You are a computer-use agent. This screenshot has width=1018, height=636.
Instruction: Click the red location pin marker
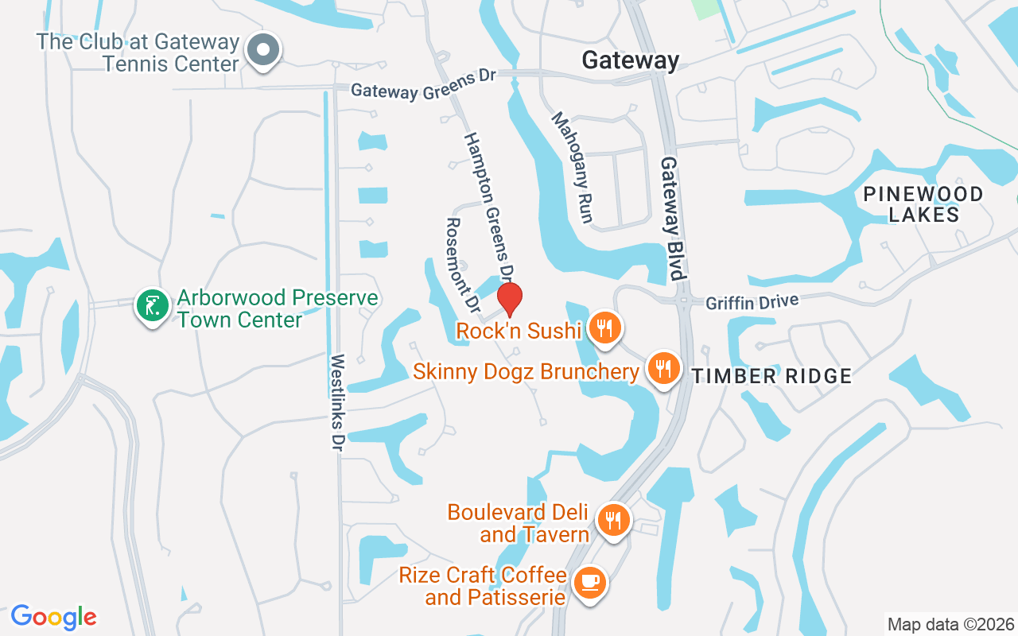click(510, 298)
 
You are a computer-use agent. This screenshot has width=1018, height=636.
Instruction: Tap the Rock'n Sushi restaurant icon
click(604, 327)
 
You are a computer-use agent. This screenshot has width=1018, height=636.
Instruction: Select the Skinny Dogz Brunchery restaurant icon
click(662, 369)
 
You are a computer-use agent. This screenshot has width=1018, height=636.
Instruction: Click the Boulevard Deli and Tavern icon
click(612, 521)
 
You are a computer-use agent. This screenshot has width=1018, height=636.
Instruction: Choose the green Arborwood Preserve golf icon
click(153, 305)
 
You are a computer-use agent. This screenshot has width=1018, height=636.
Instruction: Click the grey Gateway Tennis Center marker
click(262, 51)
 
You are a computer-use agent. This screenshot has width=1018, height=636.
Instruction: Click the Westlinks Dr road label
click(336, 403)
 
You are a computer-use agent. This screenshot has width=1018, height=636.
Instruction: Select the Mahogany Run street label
click(573, 167)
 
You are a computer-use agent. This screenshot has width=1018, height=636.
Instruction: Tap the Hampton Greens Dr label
click(488, 207)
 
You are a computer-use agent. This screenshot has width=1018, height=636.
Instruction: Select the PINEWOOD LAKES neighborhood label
click(923, 204)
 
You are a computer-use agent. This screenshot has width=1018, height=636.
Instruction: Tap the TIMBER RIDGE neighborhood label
click(771, 376)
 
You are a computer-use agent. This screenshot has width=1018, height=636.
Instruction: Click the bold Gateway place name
click(631, 60)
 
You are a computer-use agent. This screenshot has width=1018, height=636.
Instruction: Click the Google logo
click(54, 617)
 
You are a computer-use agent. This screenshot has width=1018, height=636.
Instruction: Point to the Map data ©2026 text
click(950, 624)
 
